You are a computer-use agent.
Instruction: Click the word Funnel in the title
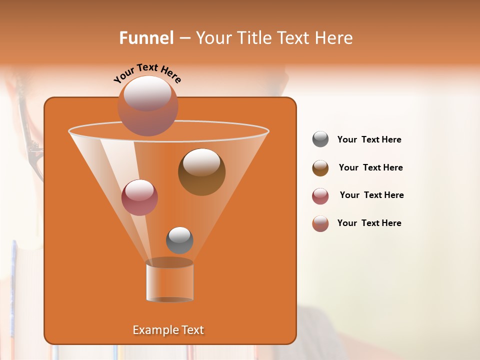[x=146, y=38]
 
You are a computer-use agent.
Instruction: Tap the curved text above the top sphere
[x=147, y=73]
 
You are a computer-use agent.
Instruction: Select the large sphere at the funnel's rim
[x=147, y=106]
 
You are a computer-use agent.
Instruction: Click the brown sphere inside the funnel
[x=201, y=172]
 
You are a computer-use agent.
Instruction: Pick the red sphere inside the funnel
[x=139, y=197]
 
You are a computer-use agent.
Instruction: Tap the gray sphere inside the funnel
[x=179, y=240]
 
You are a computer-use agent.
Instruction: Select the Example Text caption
[x=168, y=330]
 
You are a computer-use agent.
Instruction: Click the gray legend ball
[x=320, y=139]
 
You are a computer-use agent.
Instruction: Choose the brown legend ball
[x=320, y=168]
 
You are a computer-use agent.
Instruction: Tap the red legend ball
[x=320, y=196]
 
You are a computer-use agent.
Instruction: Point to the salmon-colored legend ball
[x=320, y=223]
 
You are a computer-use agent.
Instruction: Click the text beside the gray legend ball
[x=369, y=140]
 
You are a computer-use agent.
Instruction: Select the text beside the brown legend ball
[x=370, y=168]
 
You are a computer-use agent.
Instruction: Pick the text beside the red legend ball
[x=371, y=195]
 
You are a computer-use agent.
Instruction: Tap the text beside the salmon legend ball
[x=369, y=223]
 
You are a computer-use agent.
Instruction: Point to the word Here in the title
[x=334, y=38]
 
